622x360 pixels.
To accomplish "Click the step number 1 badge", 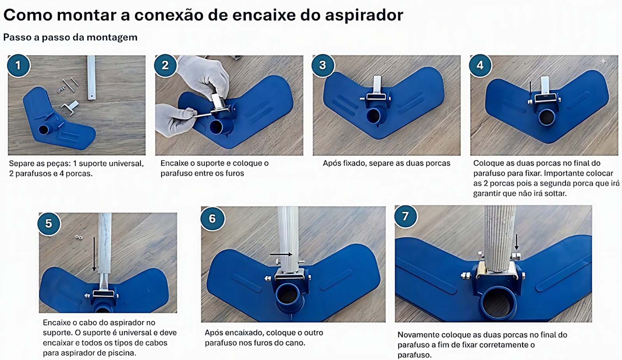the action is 18,66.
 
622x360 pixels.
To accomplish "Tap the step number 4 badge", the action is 480,66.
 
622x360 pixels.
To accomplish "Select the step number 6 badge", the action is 212,218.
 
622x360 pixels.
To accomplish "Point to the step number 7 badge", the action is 405,217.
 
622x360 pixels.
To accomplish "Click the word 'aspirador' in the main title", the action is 364,15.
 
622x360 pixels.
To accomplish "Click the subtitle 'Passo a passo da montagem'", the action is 70,37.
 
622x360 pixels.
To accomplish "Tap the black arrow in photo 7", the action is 517,242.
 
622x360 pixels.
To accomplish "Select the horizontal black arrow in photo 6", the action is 281,254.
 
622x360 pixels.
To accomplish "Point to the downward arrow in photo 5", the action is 94,253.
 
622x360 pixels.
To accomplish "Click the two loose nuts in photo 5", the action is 79,238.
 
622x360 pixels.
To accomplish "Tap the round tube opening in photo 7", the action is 499,303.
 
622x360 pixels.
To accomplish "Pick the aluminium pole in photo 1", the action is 91,77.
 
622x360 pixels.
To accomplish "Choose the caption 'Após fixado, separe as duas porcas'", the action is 386,163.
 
